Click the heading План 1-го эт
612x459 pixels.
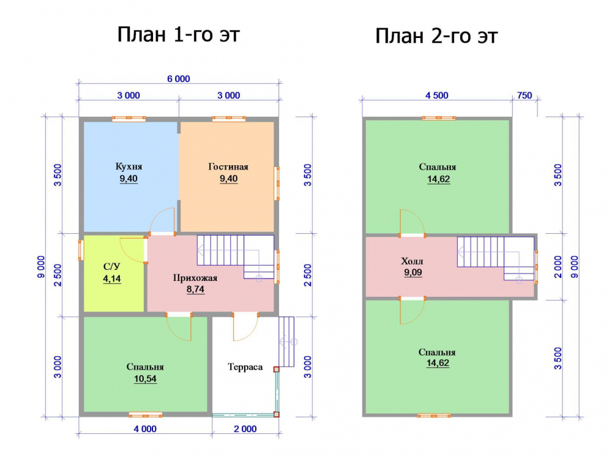click(x=178, y=34)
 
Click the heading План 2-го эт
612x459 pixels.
click(x=436, y=36)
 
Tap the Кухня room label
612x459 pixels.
click(x=129, y=166)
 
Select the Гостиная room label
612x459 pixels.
click(x=228, y=166)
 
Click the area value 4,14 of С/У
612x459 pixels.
click(x=112, y=278)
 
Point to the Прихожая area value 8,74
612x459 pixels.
click(x=196, y=289)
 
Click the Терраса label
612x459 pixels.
click(x=245, y=367)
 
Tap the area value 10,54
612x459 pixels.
click(x=145, y=379)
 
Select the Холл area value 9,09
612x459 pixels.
click(x=413, y=272)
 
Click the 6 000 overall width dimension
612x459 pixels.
click(x=179, y=79)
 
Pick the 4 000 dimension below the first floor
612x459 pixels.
click(x=145, y=429)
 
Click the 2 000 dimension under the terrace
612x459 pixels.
click(x=245, y=429)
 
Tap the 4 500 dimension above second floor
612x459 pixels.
click(x=437, y=95)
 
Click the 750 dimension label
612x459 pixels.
click(x=524, y=95)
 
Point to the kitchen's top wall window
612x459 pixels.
click(x=129, y=119)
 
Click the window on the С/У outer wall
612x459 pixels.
click(x=81, y=250)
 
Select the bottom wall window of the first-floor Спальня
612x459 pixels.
click(x=145, y=414)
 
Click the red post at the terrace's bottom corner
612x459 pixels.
click(x=277, y=414)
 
